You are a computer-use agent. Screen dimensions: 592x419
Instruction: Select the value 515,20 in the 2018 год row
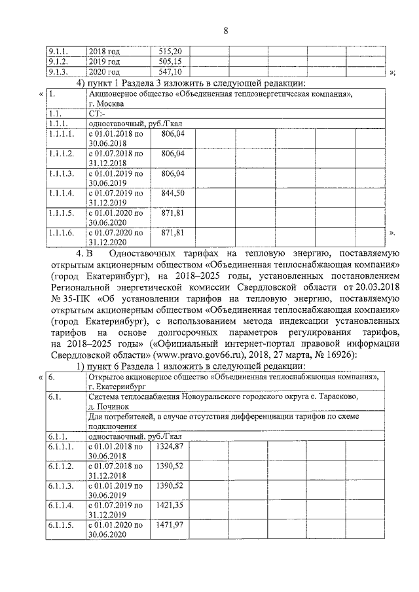click(174, 51)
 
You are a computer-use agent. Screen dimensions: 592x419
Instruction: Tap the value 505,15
click(174, 61)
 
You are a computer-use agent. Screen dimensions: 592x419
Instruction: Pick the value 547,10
click(174, 72)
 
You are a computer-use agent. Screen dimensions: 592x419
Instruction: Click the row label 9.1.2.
click(58, 61)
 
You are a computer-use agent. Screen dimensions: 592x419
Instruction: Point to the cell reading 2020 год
click(104, 72)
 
